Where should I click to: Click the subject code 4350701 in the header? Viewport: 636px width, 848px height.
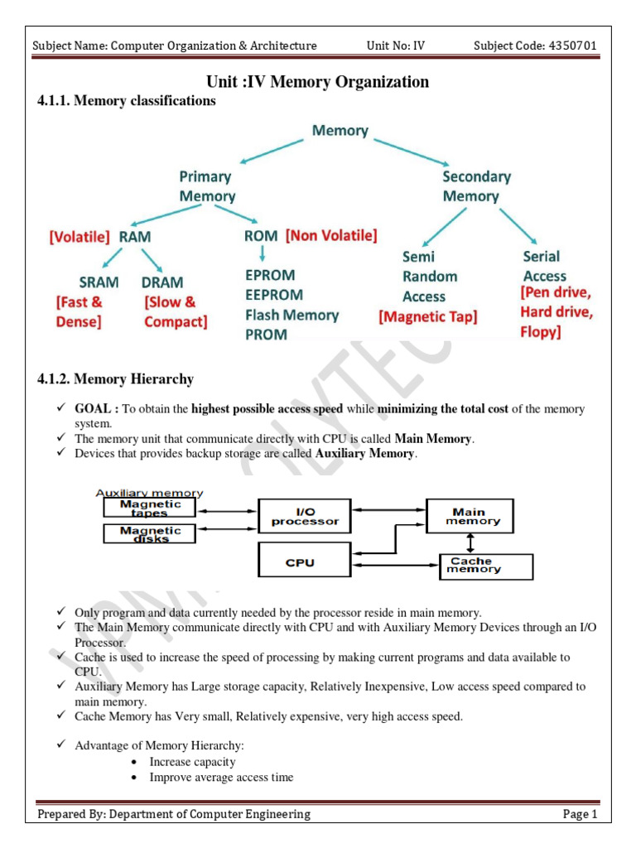[571, 46]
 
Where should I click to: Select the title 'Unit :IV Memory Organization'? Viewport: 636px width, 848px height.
[317, 81]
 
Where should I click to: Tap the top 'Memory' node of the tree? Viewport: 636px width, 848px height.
[340, 130]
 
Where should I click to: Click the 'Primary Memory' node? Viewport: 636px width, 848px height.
[207, 186]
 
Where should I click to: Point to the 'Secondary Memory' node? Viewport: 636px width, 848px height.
[476, 186]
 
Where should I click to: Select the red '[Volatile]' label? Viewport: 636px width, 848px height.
[79, 237]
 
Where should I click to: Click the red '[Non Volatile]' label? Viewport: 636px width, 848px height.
[331, 236]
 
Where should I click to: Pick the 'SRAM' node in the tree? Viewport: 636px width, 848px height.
[99, 282]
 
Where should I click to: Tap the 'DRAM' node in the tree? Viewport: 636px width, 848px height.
[162, 282]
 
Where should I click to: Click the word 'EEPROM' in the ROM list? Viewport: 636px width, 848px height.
[274, 295]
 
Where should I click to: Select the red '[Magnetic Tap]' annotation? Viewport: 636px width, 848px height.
[427, 316]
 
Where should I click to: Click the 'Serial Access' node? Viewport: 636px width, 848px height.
[544, 267]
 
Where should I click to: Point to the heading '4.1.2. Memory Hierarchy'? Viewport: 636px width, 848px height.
[116, 379]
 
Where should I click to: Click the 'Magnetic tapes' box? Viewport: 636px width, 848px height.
[150, 508]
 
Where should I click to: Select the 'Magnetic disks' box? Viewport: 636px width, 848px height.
[150, 534]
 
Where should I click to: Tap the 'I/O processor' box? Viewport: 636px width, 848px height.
[305, 516]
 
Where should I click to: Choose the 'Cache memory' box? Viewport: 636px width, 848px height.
[485, 566]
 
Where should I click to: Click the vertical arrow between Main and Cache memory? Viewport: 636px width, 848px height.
[470, 542]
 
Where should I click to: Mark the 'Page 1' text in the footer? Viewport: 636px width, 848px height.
[580, 814]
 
